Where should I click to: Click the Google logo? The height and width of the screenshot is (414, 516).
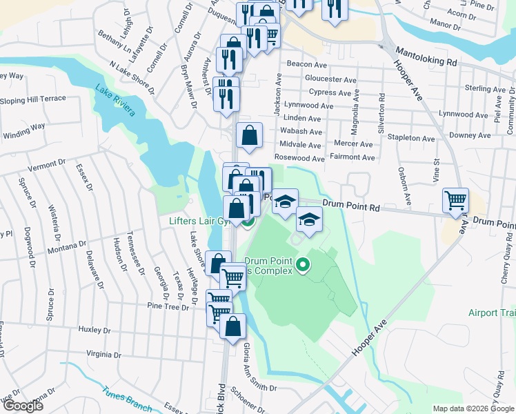tap(22, 406)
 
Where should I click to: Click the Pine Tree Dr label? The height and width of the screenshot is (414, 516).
tap(167, 305)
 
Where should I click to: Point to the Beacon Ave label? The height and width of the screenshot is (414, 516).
tap(297, 63)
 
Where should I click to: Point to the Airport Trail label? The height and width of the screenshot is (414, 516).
tap(492, 313)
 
